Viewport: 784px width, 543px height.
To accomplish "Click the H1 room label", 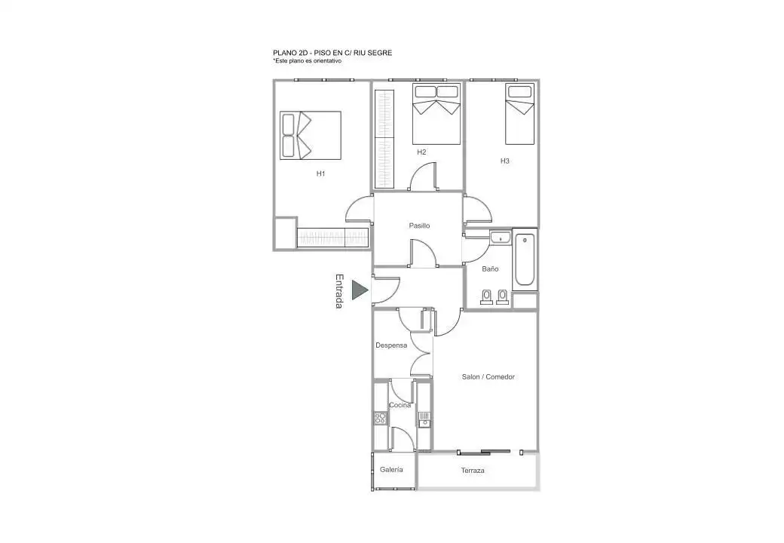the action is (320, 173).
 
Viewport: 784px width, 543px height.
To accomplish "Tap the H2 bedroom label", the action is (421, 152).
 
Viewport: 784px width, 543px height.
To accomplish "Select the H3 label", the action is (505, 161).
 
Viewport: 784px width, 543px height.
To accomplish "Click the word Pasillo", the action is (419, 225).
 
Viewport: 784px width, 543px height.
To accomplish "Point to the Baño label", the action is (490, 269).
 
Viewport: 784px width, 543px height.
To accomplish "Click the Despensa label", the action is (391, 345).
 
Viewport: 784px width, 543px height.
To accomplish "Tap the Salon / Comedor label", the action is (488, 377).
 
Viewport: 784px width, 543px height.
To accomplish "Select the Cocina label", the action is (400, 405).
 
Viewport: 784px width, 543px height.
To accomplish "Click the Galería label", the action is (391, 470).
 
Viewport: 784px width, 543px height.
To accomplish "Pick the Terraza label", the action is (473, 471).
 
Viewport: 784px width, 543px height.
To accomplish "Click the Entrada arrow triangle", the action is (359, 290).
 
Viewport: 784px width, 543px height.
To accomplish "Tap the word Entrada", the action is (339, 291).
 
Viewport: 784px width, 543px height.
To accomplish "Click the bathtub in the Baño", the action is (525, 259).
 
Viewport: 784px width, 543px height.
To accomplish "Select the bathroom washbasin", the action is (500, 238).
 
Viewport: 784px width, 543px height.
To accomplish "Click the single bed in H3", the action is (520, 114).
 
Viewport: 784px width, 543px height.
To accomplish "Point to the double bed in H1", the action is (311, 136).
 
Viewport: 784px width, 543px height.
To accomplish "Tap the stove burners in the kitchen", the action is (381, 418).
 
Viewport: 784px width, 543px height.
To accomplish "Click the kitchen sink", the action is (424, 419).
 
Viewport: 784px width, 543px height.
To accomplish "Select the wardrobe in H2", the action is (384, 139).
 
